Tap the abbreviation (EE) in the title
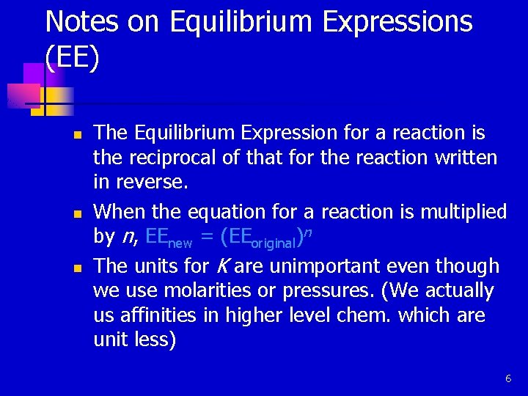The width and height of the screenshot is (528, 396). [71, 59]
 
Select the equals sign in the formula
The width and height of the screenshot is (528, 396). [207, 237]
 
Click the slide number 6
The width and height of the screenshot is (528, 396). [507, 378]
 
